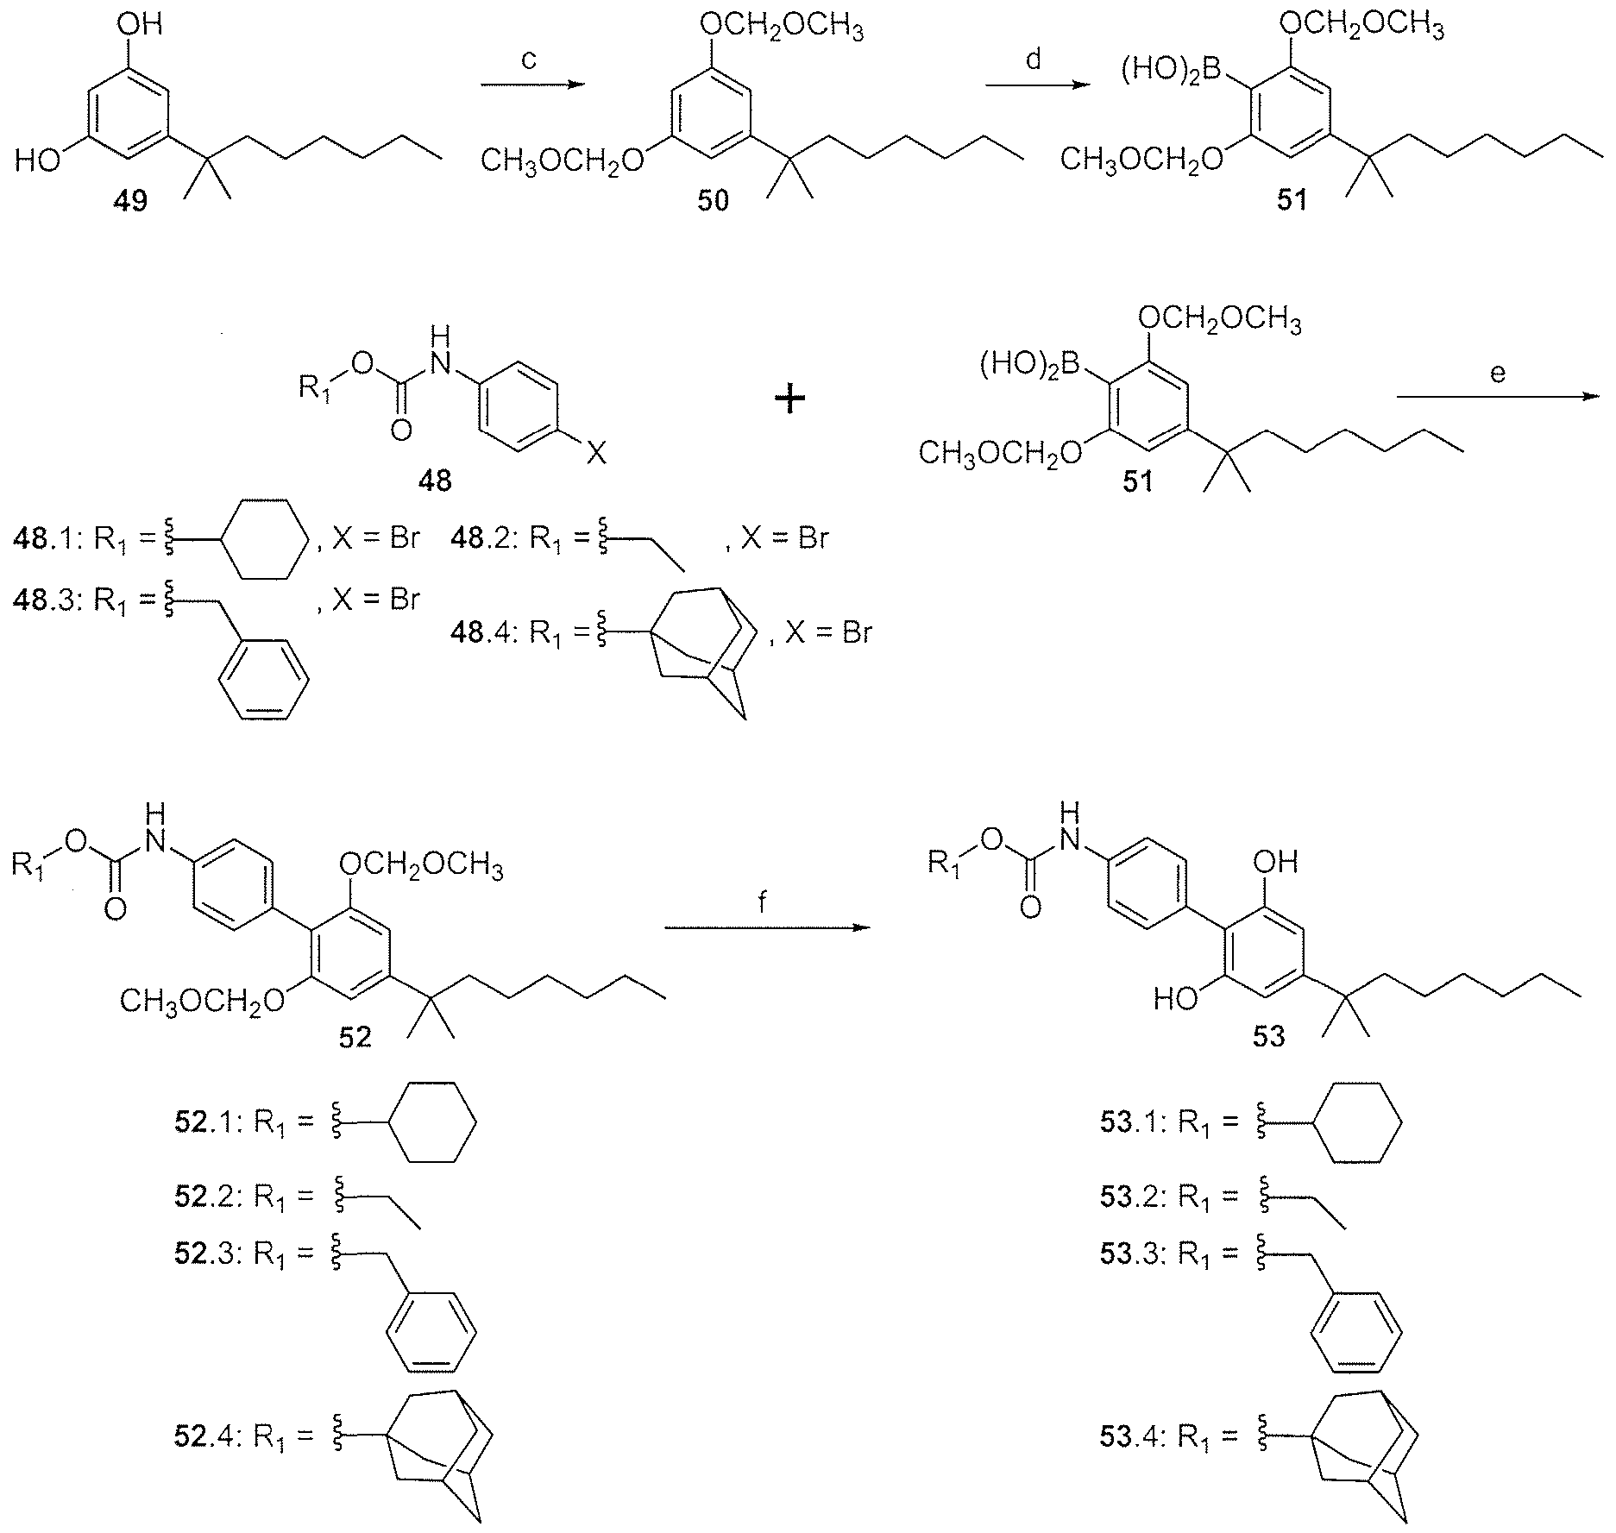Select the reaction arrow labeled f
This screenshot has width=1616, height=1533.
pos(765,928)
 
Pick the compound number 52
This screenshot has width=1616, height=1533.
pos(355,1037)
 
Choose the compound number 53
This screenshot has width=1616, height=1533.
pos(1268,1036)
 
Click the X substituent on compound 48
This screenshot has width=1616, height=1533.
pos(595,454)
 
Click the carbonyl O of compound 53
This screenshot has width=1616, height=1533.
pos(1030,907)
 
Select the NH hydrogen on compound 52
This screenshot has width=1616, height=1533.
pos(156,813)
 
